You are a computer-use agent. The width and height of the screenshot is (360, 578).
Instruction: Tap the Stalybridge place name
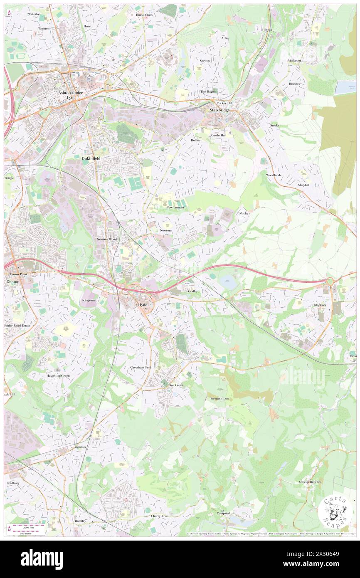[219, 110]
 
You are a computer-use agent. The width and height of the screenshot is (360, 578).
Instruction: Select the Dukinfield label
[91, 158]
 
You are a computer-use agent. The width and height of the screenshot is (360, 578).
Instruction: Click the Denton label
[13, 282]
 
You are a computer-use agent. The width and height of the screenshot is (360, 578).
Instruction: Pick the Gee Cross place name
[175, 385]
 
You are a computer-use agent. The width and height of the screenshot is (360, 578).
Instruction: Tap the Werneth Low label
[220, 398]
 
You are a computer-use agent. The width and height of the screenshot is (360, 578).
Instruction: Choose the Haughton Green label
[58, 375]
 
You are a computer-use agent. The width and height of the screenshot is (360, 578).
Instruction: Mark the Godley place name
[193, 291]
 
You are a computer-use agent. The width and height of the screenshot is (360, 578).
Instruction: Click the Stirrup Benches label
[310, 482]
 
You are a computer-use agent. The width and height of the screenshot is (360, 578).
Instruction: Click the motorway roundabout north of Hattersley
[330, 281]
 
